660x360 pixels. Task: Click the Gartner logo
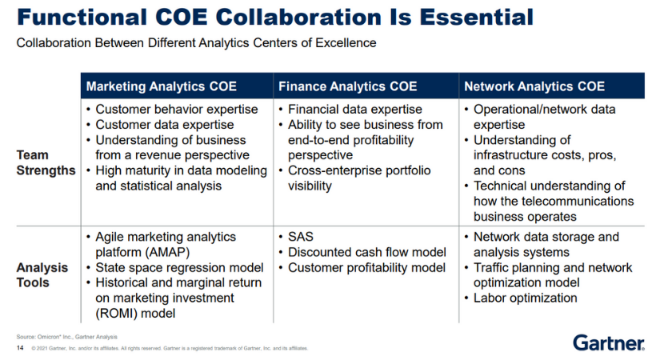(608, 343)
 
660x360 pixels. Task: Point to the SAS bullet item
(302, 238)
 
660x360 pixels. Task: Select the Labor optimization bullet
(525, 298)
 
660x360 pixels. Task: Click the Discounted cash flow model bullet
(366, 253)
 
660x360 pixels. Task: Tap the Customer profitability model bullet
(366, 268)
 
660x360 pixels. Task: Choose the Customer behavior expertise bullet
(176, 110)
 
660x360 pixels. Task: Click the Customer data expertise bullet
(164, 125)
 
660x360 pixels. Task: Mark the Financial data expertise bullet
(354, 110)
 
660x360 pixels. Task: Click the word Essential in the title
(465, 16)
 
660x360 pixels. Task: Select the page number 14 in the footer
(20, 349)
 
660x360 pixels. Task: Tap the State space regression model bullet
(180, 268)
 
